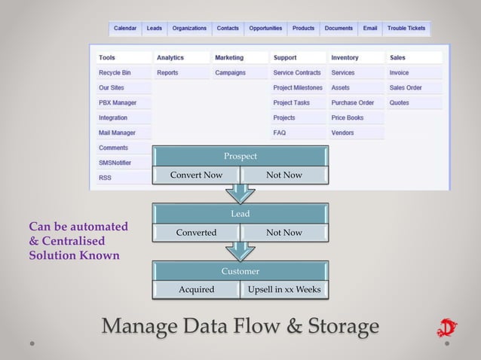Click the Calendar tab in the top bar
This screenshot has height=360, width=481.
pyautogui.click(x=125, y=29)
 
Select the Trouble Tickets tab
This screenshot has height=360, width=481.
pyautogui.click(x=406, y=29)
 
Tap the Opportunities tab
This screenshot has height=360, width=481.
pyautogui.click(x=265, y=29)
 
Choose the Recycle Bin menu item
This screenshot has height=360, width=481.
pyautogui.click(x=115, y=73)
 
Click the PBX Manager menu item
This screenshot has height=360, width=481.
pyautogui.click(x=118, y=103)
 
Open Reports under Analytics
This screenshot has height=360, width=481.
pyautogui.click(x=167, y=73)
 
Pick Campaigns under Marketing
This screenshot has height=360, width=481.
pyautogui.click(x=230, y=73)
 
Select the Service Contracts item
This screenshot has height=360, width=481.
pyautogui.click(x=297, y=73)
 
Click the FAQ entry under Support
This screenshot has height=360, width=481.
pyautogui.click(x=280, y=133)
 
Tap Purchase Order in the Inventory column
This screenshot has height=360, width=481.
pyautogui.click(x=353, y=103)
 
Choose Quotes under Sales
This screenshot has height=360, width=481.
pyautogui.click(x=400, y=103)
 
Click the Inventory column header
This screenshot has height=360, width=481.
pyautogui.click(x=345, y=58)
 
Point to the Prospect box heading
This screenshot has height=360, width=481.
pyautogui.click(x=240, y=156)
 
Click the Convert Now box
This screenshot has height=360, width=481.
pyautogui.click(x=196, y=175)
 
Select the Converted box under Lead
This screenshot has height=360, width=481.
pyautogui.click(x=196, y=233)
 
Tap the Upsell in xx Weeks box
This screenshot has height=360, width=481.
pyautogui.click(x=284, y=290)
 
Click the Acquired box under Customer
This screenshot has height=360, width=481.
pyautogui.click(x=196, y=290)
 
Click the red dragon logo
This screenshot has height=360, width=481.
pyautogui.click(x=446, y=328)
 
